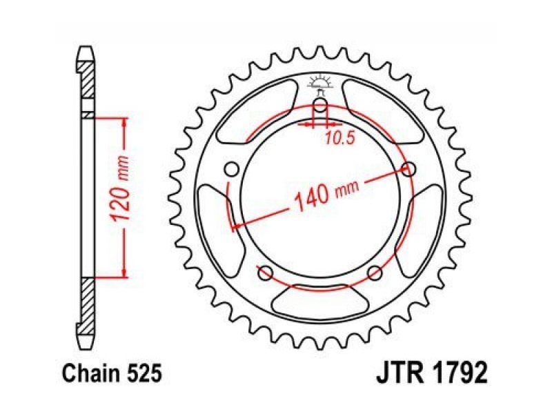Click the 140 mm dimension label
tap(326, 195)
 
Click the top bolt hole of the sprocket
tap(320, 105)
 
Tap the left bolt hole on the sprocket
tap(232, 169)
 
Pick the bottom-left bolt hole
tap(266, 273)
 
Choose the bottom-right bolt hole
tap(375, 273)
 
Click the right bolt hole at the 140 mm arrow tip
tap(408, 169)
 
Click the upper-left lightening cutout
tap(258, 112)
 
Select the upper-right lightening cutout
tap(383, 112)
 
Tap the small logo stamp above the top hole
tap(320, 84)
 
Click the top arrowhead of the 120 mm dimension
tap(124, 123)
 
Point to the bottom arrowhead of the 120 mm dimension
tap(124, 272)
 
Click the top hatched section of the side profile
tap(88, 80)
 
